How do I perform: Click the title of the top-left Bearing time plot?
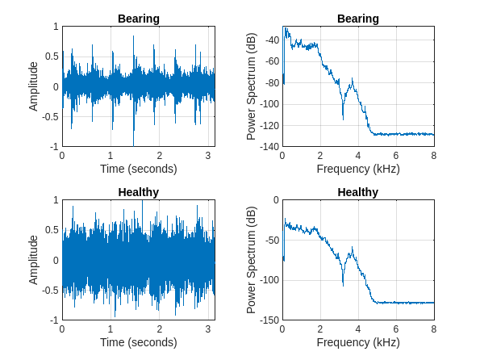pos(138,19)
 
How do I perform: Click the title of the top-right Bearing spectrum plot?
pos(357,19)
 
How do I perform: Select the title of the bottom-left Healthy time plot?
pos(138,192)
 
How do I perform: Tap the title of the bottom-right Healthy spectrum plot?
pos(357,192)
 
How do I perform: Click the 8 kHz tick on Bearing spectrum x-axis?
pos(434,156)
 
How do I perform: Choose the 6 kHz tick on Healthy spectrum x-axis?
pos(396,329)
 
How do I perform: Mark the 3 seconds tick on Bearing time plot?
pos(208,156)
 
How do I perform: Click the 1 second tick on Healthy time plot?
pos(111,329)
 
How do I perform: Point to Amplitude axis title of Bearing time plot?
pos(33,86)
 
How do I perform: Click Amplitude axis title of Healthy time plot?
pos(33,260)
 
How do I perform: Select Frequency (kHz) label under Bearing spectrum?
pos(357,169)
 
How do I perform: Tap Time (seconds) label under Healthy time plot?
pos(138,342)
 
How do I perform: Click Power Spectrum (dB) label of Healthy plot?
pos(252,260)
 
